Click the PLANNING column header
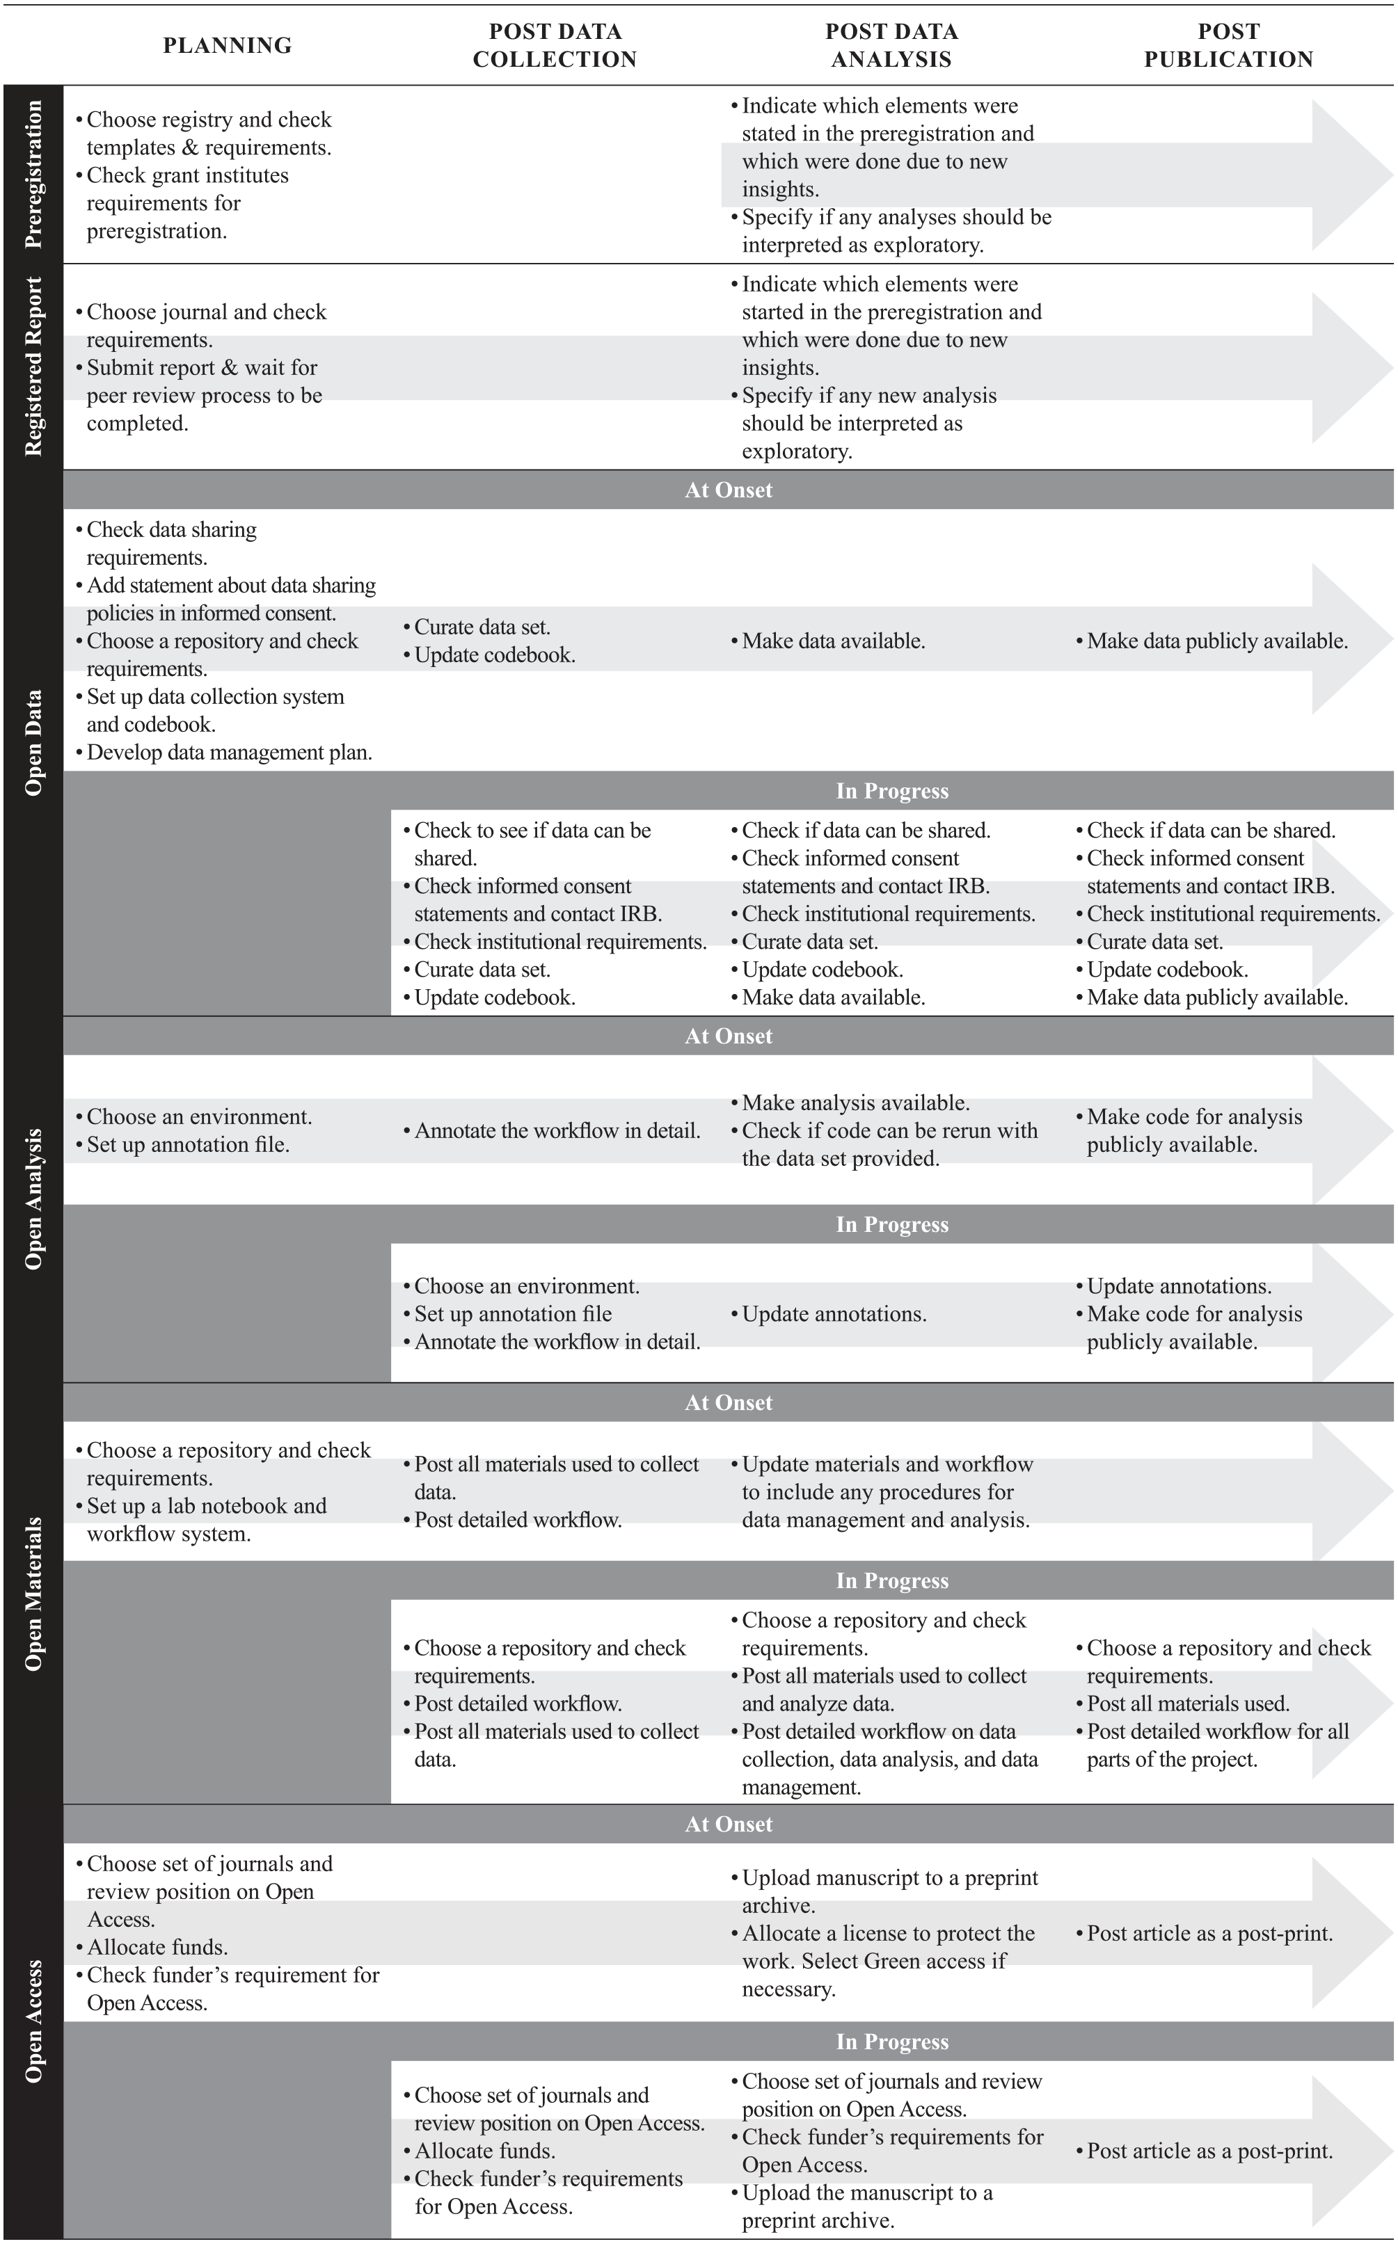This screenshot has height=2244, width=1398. click(228, 45)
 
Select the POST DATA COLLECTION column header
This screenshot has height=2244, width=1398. click(555, 45)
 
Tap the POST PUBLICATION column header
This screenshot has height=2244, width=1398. click(1228, 45)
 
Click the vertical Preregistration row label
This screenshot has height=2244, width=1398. click(33, 174)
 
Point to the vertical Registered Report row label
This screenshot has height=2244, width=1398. click(33, 366)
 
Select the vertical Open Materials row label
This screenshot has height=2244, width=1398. click(33, 1594)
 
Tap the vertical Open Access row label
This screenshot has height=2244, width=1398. click(33, 2021)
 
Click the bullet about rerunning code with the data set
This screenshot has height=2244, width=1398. click(889, 1144)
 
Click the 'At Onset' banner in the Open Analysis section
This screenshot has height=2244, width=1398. click(729, 1036)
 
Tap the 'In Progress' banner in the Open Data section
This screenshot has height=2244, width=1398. click(892, 791)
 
